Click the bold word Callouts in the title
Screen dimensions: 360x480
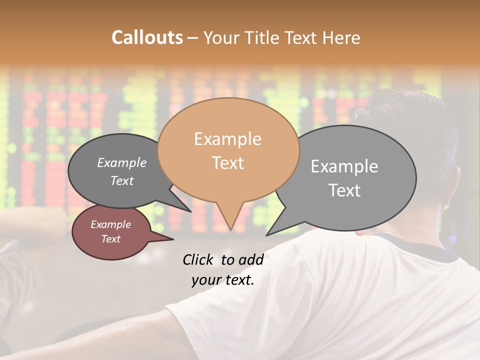[x=147, y=37]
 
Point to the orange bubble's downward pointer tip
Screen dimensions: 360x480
[x=230, y=229]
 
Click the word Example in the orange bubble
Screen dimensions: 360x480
[x=228, y=139]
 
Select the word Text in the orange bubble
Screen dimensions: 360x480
[x=228, y=163]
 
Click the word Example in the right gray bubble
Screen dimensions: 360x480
[x=344, y=166]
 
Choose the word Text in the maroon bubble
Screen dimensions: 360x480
[x=111, y=239]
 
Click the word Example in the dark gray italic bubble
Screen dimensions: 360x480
[x=122, y=163]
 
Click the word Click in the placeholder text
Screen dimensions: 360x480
[x=199, y=259]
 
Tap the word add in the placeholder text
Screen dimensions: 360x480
[x=251, y=259]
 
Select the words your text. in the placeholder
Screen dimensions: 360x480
[x=223, y=280]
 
